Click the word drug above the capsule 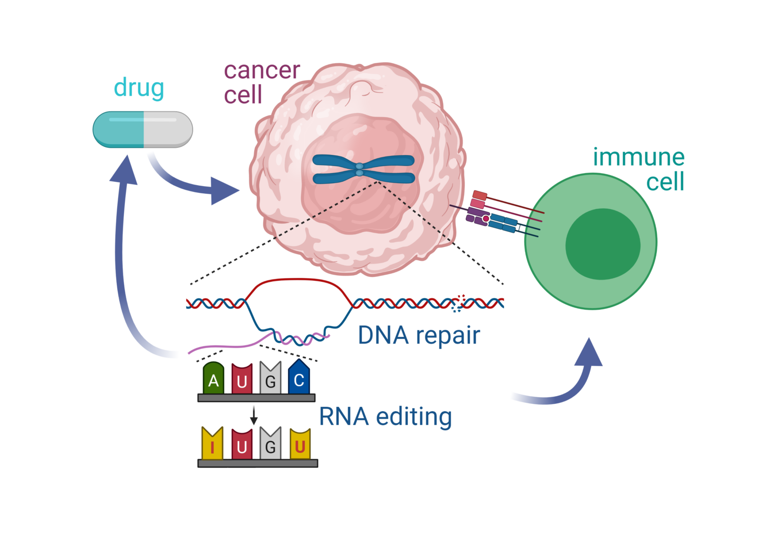[x=139, y=88]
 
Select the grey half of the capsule [x=168, y=130]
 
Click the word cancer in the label [x=262, y=71]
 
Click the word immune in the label [x=639, y=157]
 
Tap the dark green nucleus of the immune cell [x=603, y=244]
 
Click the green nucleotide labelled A [x=214, y=379]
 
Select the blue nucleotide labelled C [x=299, y=378]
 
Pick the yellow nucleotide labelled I [x=212, y=445]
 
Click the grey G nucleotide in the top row [x=270, y=379]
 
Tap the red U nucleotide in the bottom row [x=242, y=445]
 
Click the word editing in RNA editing [x=414, y=416]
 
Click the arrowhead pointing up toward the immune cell [x=589, y=353]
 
